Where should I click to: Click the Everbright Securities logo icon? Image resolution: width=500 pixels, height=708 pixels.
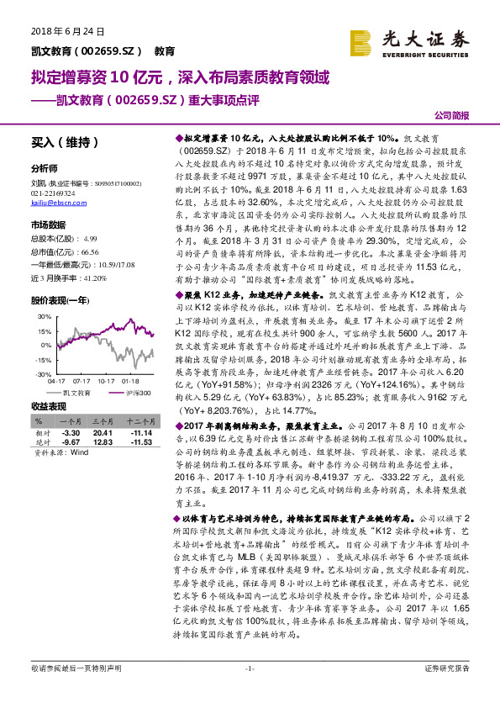[361, 40]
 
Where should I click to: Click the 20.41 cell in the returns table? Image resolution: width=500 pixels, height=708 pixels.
[103, 432]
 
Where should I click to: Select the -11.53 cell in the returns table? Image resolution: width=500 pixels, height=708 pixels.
[139, 441]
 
